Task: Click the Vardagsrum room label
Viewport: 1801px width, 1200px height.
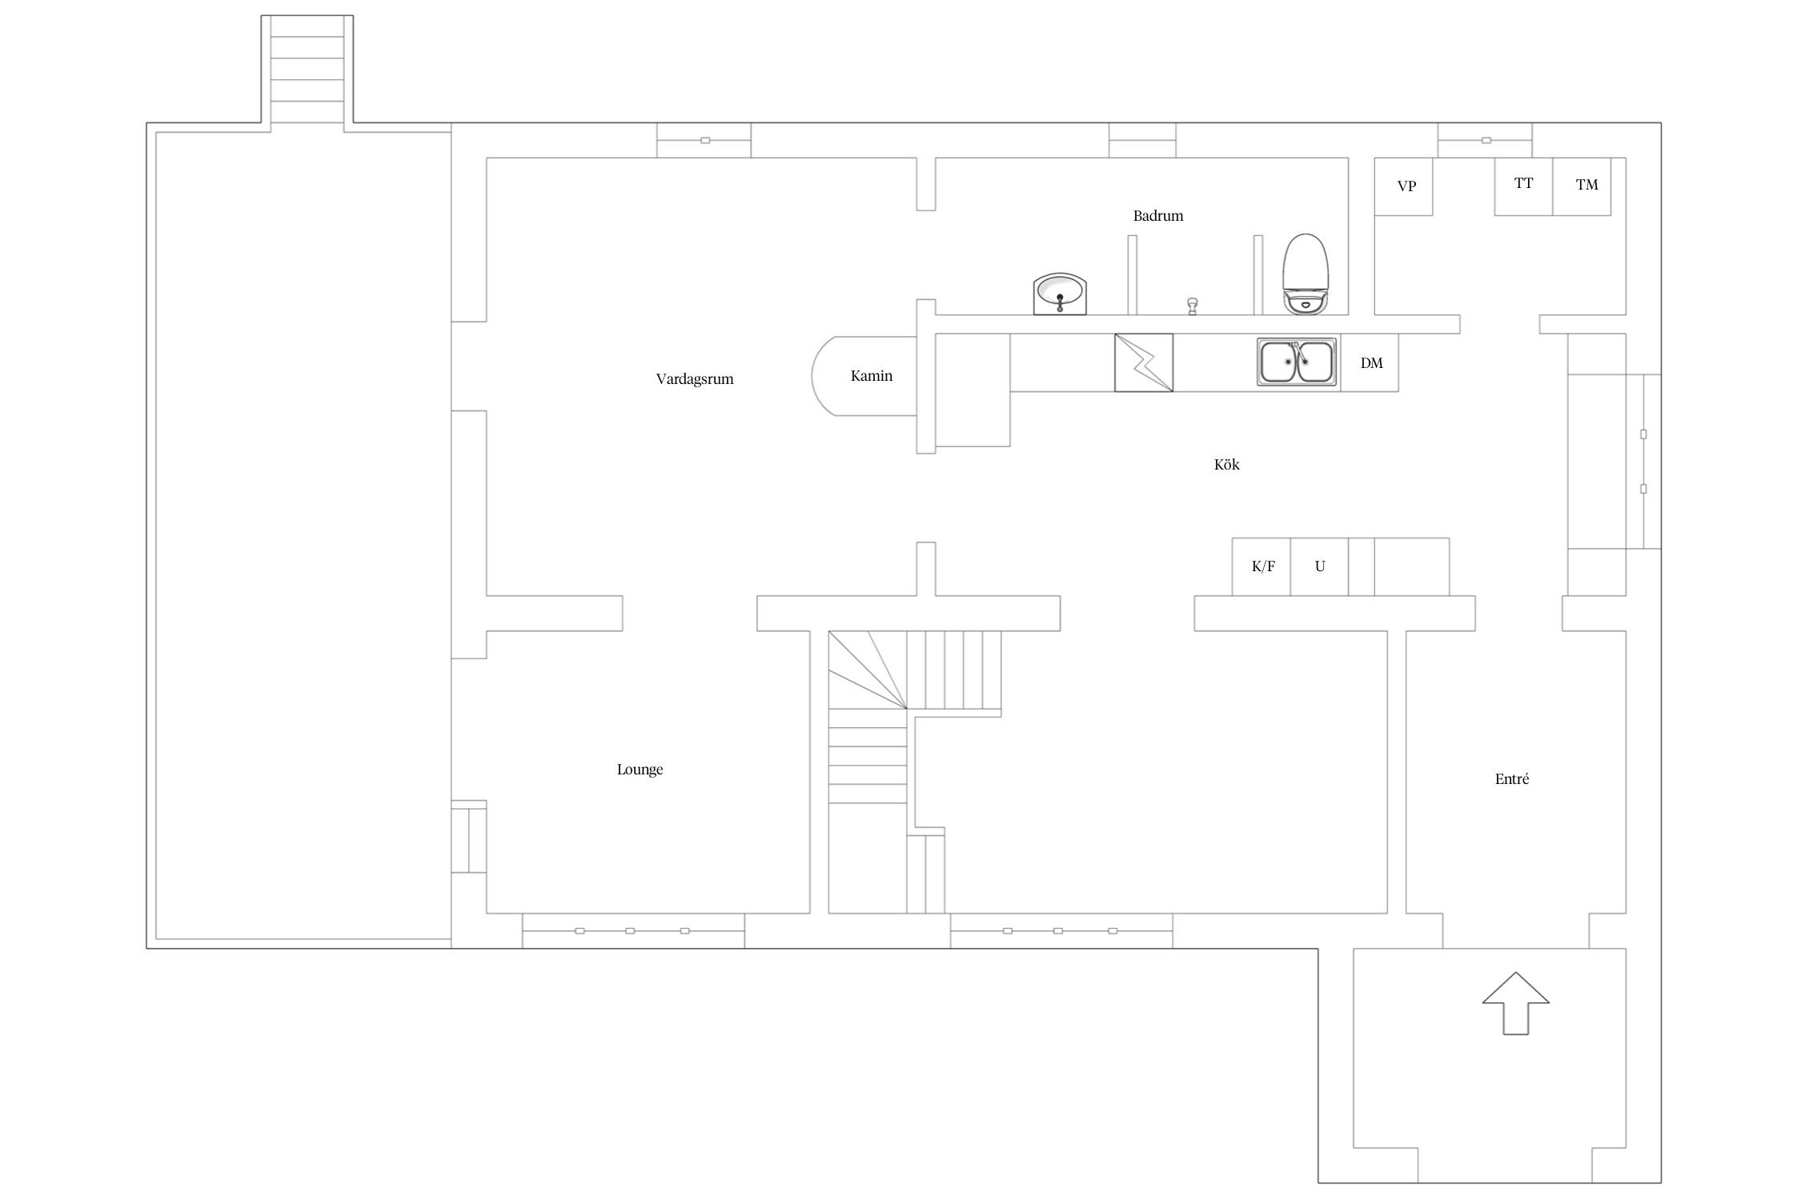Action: click(x=695, y=379)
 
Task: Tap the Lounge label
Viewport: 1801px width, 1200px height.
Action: click(x=640, y=770)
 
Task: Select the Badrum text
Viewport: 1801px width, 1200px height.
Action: click(x=1157, y=215)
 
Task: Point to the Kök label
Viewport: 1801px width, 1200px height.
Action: click(x=1226, y=464)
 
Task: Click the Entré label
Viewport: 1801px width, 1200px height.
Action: click(x=1511, y=778)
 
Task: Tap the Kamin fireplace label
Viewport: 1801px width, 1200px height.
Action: click(x=871, y=375)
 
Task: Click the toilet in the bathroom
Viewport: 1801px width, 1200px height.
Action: click(x=1306, y=274)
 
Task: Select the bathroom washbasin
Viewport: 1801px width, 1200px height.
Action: click(x=1060, y=294)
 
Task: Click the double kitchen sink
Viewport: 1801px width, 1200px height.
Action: click(x=1297, y=362)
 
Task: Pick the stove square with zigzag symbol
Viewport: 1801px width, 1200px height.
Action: click(x=1144, y=362)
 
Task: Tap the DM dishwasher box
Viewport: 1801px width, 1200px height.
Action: click(x=1370, y=362)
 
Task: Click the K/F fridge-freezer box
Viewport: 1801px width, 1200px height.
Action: click(x=1262, y=566)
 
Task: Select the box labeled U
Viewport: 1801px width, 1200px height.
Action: click(x=1319, y=566)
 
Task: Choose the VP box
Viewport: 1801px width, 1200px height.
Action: click(x=1404, y=186)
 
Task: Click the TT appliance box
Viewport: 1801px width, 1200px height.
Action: click(x=1524, y=186)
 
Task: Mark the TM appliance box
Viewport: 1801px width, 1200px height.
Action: click(x=1582, y=186)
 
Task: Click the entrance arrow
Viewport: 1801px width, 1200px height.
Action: click(x=1516, y=1003)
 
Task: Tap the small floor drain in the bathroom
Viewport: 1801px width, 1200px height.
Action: click(x=1192, y=306)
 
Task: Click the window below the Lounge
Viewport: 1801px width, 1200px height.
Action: click(x=633, y=930)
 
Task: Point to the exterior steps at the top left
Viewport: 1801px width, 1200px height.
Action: click(x=307, y=70)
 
